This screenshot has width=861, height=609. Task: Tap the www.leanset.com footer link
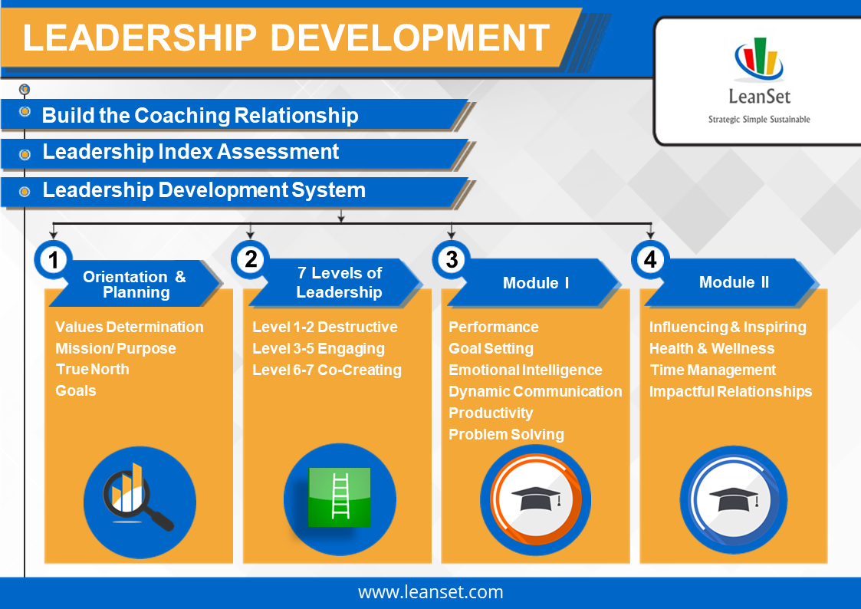(430, 592)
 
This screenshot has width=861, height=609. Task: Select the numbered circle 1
(53, 260)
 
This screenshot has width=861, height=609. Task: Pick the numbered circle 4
(649, 260)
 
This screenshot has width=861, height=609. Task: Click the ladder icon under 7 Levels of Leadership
(340, 497)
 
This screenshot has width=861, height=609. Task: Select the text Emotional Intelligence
(525, 370)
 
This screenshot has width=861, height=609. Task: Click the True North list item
(92, 369)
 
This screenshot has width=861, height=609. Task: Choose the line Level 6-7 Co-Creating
(327, 370)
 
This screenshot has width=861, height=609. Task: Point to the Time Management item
(712, 370)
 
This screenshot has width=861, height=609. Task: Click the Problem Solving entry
(506, 434)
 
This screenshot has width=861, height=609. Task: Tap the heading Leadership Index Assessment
(190, 152)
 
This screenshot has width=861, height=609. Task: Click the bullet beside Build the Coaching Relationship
(25, 113)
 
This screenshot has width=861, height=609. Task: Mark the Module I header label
(535, 283)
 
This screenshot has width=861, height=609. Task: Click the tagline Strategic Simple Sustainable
(758, 120)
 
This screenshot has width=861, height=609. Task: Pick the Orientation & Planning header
(135, 284)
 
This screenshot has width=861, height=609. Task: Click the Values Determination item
(129, 327)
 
